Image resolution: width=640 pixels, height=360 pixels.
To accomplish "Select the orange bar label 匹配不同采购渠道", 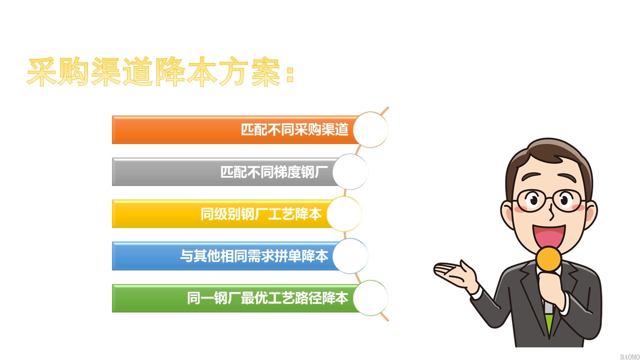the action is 294,129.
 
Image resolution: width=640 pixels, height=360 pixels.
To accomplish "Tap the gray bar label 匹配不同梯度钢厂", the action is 274,171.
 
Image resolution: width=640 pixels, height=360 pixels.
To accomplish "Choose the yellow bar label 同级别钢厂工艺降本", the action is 261,213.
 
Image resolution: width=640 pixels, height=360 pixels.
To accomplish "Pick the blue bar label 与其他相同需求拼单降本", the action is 254,255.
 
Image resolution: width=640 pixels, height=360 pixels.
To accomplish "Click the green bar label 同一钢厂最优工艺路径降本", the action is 267,298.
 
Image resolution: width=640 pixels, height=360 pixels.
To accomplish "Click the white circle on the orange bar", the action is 370,129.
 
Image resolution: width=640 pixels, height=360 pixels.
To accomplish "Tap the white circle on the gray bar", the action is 350,171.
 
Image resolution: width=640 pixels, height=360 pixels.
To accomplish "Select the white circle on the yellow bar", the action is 344,213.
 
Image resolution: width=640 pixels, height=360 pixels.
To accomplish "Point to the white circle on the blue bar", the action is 350,256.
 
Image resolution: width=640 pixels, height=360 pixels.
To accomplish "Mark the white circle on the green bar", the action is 370,298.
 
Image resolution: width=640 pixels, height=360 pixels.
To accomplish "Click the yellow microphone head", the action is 548,259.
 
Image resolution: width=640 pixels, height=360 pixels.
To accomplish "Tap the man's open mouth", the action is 548,237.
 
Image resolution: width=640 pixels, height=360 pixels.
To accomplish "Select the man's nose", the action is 551,213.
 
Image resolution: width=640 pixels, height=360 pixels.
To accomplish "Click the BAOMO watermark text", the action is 629,357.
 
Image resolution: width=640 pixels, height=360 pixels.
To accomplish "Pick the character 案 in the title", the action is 265,71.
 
